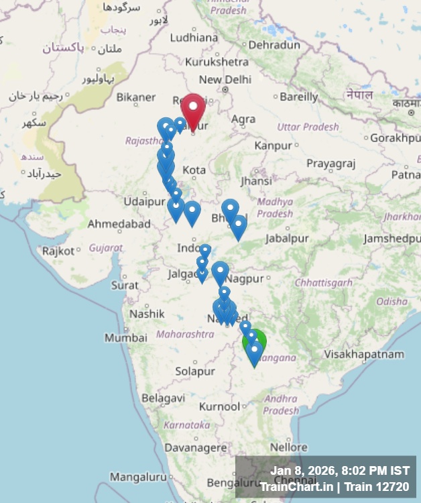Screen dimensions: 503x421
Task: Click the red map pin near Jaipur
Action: [x=193, y=109]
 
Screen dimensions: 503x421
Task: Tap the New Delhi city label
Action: [x=225, y=79]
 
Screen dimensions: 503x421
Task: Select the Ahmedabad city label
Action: [x=119, y=224]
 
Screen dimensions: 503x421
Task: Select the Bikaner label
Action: [x=136, y=97]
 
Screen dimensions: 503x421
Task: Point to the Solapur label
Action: [x=195, y=371]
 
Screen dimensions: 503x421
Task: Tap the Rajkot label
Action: [x=58, y=251]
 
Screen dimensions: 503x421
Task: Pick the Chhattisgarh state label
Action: [x=323, y=282]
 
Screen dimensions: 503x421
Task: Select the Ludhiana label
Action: [x=194, y=38]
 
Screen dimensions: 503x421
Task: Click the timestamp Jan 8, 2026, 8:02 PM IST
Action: [x=340, y=470]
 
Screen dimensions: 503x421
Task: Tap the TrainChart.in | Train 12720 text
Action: [x=334, y=486]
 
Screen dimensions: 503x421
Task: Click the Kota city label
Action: [x=194, y=170]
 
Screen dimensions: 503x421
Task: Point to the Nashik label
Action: [x=147, y=313]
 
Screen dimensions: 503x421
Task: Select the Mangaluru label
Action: [x=137, y=477]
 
